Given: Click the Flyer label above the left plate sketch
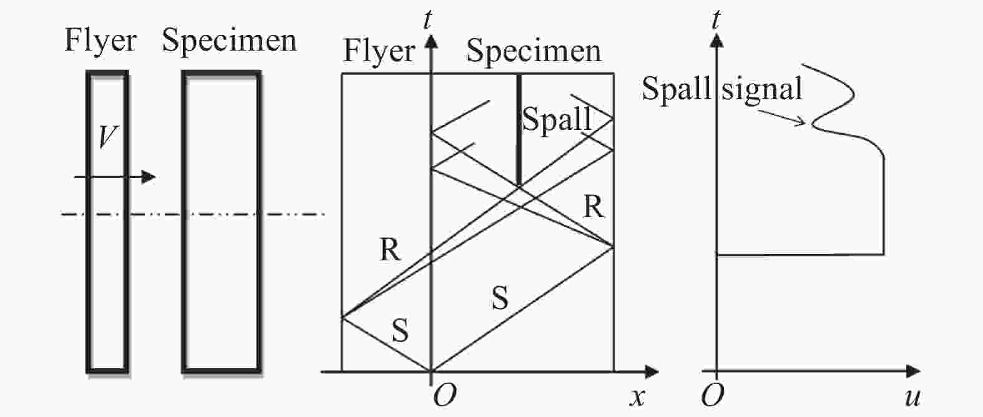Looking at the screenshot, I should (100, 41).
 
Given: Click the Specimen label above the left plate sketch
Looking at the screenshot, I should (229, 41).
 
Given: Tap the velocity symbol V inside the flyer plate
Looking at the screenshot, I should (107, 137).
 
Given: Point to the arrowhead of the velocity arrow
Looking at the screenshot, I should (148, 177).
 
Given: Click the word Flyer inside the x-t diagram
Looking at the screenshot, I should (379, 51).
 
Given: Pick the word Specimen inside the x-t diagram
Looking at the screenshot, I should (534, 51).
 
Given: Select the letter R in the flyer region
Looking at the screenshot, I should (390, 250).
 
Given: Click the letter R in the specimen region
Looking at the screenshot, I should (594, 207).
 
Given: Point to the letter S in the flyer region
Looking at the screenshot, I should (400, 331).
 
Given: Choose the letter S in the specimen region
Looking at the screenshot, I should (499, 298).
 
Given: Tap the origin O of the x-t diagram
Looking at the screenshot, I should (444, 396).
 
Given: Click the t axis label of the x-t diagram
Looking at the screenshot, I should (428, 19).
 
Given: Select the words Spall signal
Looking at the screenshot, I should (721, 89).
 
